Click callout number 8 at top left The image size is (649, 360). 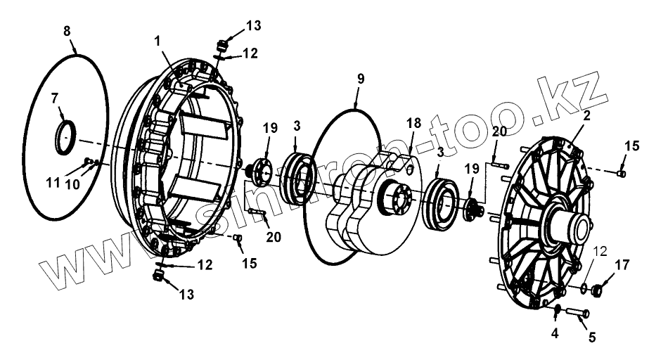pos(67,32)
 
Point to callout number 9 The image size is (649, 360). pos(360,79)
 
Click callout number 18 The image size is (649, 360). pos(414,122)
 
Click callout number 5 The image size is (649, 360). pos(591,337)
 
